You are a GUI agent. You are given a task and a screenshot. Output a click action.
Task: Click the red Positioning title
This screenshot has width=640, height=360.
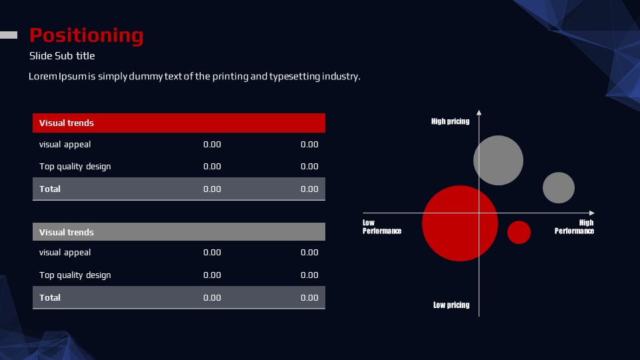(x=86, y=36)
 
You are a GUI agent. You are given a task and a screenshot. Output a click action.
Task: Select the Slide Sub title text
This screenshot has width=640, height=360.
(x=62, y=56)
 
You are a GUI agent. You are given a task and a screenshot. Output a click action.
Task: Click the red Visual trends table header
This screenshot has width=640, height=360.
(x=179, y=123)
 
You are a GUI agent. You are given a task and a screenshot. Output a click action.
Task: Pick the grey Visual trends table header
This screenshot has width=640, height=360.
(x=179, y=232)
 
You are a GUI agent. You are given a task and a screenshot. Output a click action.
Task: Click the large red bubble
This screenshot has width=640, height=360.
(x=460, y=223)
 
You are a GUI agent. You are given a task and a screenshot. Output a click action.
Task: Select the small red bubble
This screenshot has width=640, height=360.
(x=519, y=232)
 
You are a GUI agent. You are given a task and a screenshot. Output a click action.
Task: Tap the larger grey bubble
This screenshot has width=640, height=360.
(x=499, y=161)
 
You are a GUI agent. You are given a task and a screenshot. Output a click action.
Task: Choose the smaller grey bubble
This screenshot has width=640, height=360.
(x=559, y=188)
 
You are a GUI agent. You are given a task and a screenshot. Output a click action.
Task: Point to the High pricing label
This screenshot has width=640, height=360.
(x=450, y=121)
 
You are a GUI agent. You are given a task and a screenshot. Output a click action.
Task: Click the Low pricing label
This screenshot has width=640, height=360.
(x=451, y=305)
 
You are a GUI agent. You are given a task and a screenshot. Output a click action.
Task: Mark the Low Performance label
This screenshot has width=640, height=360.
(x=382, y=227)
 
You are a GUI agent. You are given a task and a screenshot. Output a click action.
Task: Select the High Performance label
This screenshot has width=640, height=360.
(x=574, y=227)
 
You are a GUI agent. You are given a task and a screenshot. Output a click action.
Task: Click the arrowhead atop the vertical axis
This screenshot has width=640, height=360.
(x=479, y=112)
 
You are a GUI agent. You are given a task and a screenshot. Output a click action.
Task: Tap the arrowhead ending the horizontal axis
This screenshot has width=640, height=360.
(x=592, y=213)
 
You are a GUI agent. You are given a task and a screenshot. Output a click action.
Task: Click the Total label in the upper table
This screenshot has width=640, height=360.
(x=50, y=189)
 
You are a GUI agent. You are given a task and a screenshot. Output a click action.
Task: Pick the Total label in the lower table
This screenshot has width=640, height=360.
(x=50, y=297)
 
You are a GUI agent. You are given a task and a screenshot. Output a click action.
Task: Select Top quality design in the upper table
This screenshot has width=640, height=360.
(x=75, y=167)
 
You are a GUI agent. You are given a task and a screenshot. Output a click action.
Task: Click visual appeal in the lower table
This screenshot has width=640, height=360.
(x=65, y=253)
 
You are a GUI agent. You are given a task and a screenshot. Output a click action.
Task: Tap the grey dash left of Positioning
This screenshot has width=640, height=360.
(x=9, y=35)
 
